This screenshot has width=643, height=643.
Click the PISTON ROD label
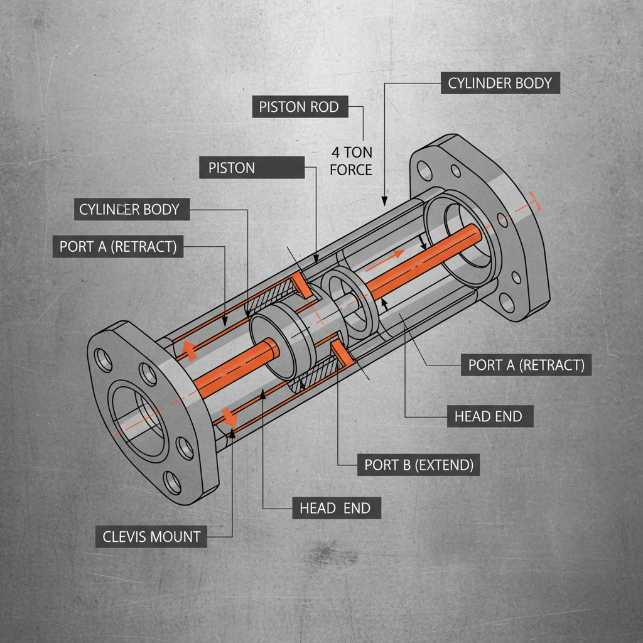298,107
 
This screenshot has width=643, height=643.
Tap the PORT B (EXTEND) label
419,465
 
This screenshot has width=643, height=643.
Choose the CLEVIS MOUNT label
151,537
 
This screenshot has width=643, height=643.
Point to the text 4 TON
351,152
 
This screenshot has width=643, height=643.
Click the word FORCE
351,170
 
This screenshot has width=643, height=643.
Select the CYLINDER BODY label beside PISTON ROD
499,83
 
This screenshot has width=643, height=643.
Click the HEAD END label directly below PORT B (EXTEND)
335,508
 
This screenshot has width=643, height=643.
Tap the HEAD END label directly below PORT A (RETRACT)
488,416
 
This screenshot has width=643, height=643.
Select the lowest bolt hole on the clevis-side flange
172,482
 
